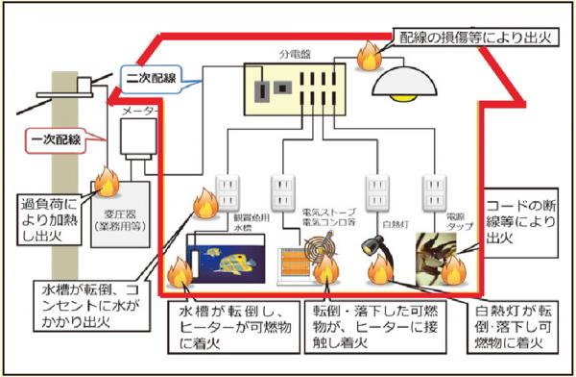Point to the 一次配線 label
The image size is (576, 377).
click(55, 140)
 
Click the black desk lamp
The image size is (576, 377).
click(375, 251)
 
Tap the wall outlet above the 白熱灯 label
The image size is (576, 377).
click(377, 191)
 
